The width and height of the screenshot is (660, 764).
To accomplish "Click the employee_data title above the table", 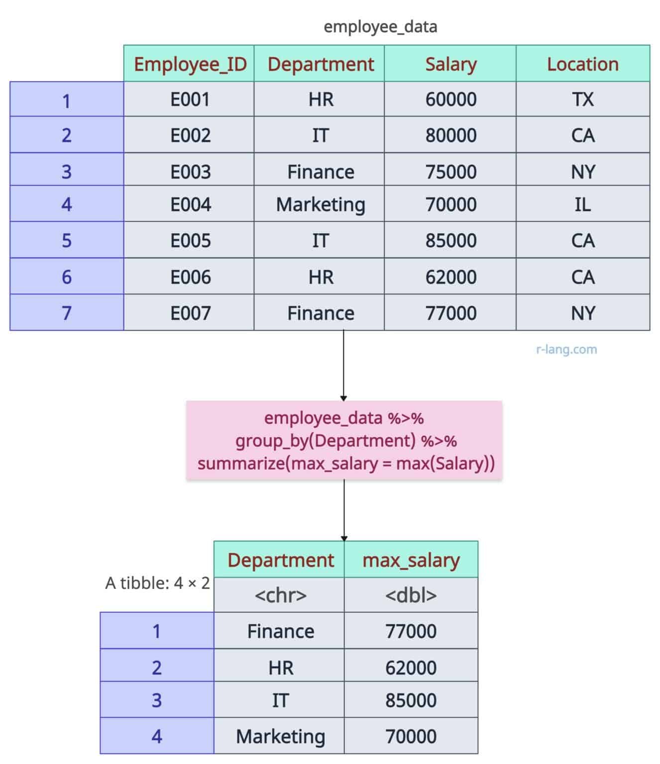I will coord(380,26).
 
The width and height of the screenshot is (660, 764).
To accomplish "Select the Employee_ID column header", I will coord(190,64).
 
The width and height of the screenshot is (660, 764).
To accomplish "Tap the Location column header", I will coord(582,64).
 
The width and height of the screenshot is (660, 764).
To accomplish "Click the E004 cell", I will coord(190,204).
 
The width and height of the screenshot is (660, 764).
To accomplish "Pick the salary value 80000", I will coord(450,135).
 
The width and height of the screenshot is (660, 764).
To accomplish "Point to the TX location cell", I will coord(582,99).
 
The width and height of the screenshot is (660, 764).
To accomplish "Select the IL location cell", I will coord(582,204).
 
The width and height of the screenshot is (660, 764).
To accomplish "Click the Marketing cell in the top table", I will coord(321,204).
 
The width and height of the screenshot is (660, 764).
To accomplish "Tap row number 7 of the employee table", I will coord(67,313).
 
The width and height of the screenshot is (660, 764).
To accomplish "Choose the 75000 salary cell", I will coord(450,172).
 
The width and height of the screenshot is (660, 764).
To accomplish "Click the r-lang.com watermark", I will coord(566,349).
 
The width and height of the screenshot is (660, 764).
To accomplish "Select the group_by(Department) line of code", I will coord(346,441).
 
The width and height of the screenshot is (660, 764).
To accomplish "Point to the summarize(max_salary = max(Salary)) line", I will coord(346,464).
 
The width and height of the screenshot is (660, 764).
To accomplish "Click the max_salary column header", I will coord(411,560).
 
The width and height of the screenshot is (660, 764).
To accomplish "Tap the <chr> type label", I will coord(280,595).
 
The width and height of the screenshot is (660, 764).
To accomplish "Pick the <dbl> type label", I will coord(411,595).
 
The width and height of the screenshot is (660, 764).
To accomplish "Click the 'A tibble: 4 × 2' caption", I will coord(157,582).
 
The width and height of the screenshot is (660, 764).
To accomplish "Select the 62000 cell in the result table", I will coord(411,668).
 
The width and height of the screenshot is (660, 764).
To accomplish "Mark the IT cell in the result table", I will coord(280,700).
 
